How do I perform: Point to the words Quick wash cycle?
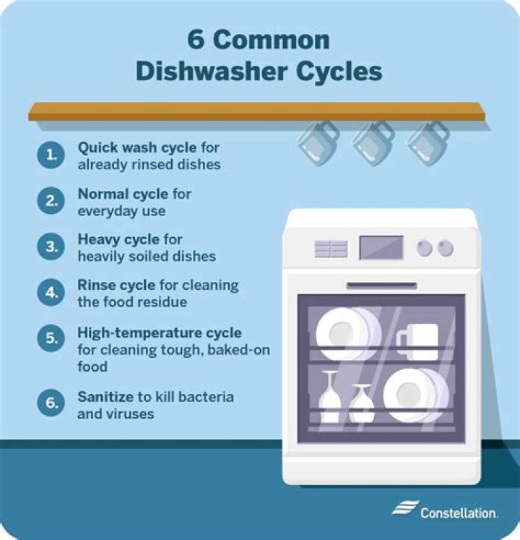pyautogui.click(x=136, y=148)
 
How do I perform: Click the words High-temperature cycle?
pyautogui.click(x=160, y=333)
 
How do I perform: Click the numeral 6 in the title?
pyautogui.click(x=196, y=40)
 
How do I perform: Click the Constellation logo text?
pyautogui.click(x=458, y=513)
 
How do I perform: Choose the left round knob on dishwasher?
pyautogui.click(x=425, y=248)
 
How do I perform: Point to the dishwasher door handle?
pyautogui.click(x=381, y=286)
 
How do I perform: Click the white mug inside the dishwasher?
pyautogui.click(x=417, y=340)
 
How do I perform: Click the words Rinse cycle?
pyautogui.click(x=112, y=286)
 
